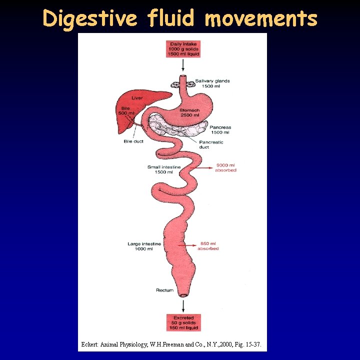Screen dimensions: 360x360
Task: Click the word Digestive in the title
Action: (x=89, y=18)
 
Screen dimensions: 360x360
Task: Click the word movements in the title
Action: (x=261, y=18)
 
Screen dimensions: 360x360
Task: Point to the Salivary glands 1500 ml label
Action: (x=212, y=83)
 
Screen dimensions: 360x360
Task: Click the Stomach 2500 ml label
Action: (x=190, y=113)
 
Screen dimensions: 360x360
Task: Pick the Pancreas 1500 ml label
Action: (x=220, y=130)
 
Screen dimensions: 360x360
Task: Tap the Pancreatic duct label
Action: (x=211, y=144)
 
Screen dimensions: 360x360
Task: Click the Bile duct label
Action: (x=133, y=141)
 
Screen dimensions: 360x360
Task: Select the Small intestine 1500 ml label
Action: (x=164, y=169)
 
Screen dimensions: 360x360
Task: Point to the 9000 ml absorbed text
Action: (x=225, y=167)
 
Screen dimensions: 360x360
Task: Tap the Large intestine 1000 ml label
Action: (x=144, y=246)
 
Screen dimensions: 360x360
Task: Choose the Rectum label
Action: (x=164, y=290)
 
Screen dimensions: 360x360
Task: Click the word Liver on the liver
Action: (x=137, y=98)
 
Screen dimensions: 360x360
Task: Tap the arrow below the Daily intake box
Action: (x=183, y=64)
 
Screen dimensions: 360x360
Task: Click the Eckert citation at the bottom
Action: (x=171, y=344)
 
